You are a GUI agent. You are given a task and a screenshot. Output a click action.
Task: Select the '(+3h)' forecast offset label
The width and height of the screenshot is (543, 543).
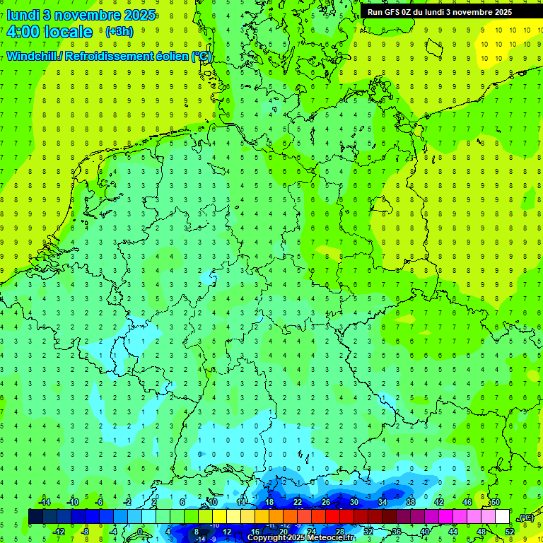(118, 32)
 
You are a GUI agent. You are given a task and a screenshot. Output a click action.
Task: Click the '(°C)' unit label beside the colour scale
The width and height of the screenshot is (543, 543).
(525, 518)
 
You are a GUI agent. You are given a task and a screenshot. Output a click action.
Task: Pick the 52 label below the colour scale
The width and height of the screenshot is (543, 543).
(510, 532)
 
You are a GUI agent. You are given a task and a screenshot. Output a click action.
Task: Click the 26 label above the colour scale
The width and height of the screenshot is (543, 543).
(326, 502)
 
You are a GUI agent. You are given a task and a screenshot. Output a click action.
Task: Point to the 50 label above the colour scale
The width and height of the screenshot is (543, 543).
(496, 502)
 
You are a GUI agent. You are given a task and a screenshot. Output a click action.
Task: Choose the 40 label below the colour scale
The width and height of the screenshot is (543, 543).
(425, 532)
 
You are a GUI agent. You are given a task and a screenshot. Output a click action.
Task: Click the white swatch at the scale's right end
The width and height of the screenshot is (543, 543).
(503, 517)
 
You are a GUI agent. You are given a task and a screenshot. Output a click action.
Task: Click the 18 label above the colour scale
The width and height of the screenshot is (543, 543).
(269, 502)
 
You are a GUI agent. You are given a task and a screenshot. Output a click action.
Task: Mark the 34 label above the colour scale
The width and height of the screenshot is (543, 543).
(383, 502)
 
